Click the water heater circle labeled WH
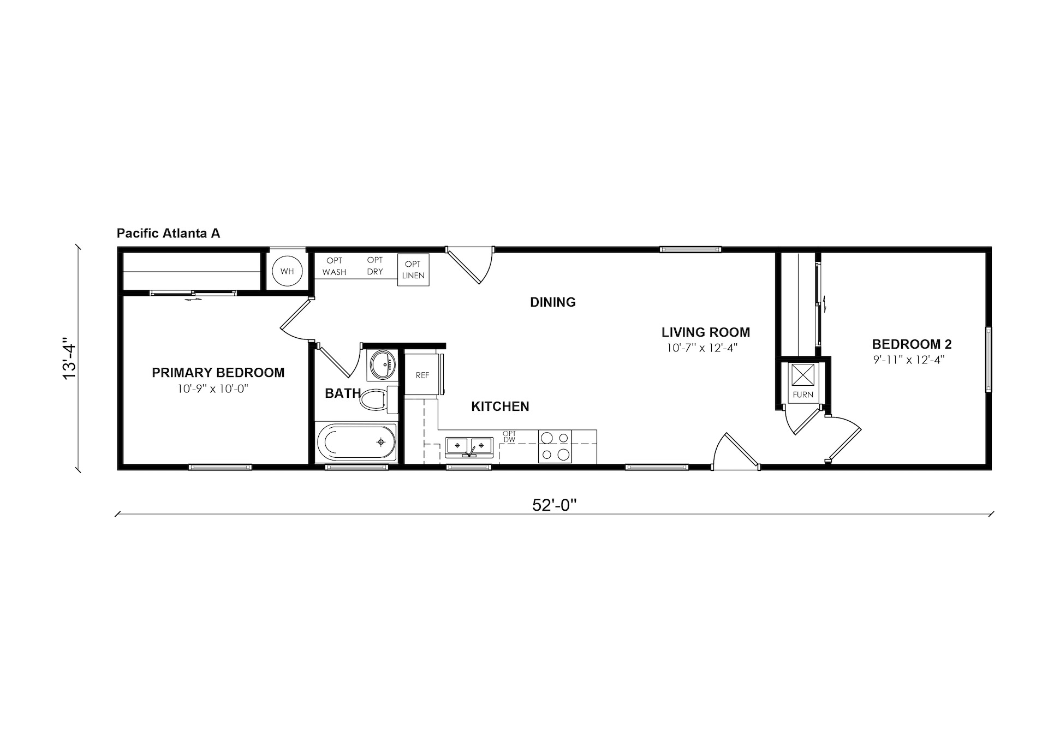[287, 271]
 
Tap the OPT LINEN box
[413, 270]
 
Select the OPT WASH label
[334, 266]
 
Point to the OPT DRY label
[375, 266]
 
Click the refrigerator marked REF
[422, 374]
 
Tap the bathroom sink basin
[382, 365]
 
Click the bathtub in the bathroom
[356, 442]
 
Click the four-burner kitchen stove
[555, 446]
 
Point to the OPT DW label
[509, 437]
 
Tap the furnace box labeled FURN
[803, 382]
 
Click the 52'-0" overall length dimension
[555, 505]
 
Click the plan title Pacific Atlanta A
[168, 234]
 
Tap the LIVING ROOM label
[706, 332]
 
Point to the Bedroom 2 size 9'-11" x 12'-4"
[909, 360]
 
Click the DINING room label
[553, 302]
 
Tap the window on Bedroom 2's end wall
[989, 359]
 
